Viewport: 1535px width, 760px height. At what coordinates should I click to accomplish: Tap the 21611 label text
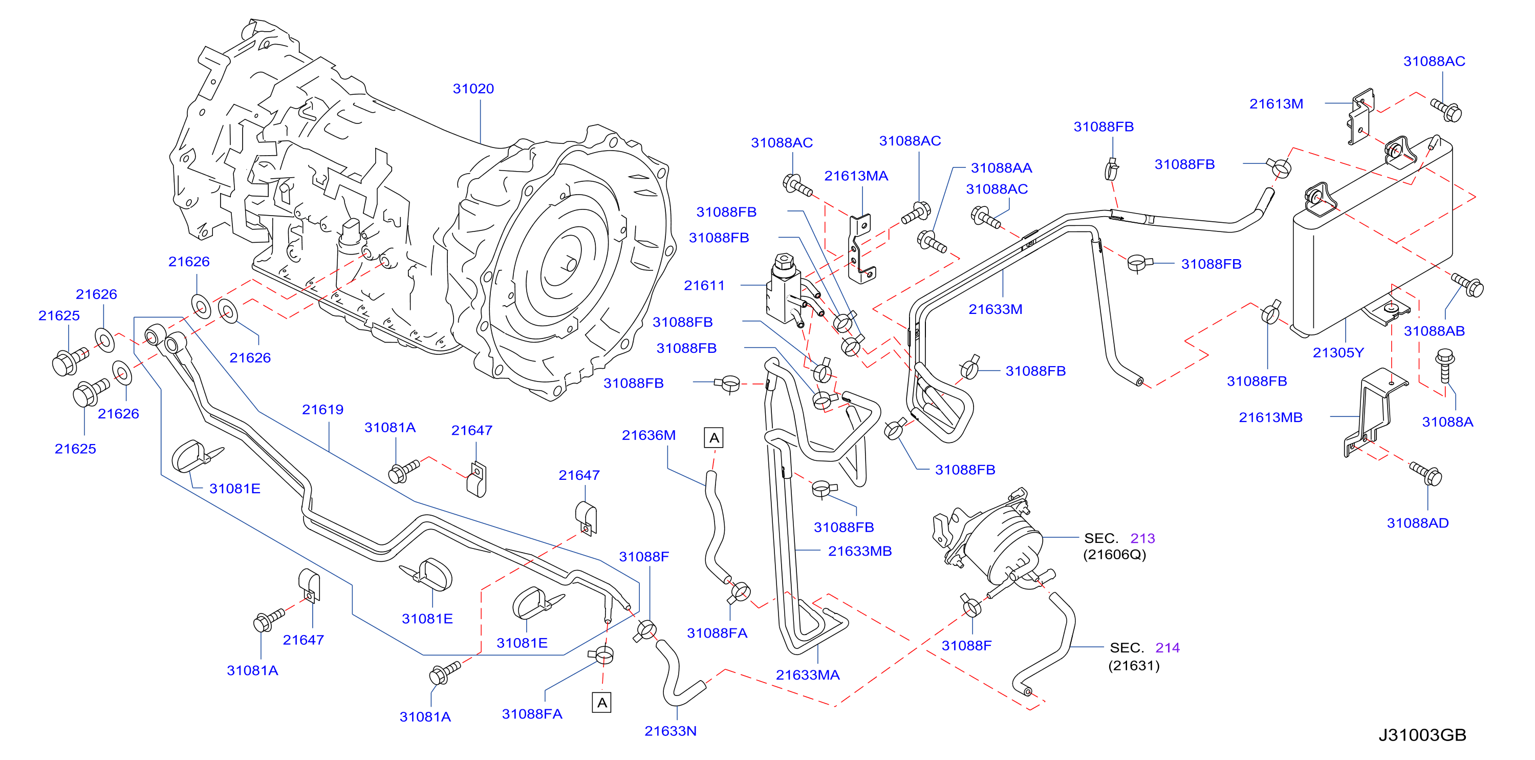704,286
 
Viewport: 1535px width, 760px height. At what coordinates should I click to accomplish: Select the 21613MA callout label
856,176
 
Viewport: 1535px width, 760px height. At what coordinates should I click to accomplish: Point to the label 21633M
995,309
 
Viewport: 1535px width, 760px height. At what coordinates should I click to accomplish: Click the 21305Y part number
1338,353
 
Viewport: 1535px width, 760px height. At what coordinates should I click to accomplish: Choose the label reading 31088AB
1434,331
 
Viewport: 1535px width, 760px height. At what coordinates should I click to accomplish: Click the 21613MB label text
1270,417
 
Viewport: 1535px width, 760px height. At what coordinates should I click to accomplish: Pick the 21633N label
671,731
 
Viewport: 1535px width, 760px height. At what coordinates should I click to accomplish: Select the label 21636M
648,435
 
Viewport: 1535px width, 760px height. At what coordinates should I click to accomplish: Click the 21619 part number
322,410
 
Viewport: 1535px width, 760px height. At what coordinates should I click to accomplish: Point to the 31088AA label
1001,168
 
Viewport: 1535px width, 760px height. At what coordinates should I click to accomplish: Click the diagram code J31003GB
1422,735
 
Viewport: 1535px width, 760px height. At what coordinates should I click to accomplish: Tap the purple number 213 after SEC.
1142,538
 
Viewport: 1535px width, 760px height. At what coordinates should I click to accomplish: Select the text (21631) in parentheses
1133,665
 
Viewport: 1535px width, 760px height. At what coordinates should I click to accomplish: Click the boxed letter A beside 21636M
714,438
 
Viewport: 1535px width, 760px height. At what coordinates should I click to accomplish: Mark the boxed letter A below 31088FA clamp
602,703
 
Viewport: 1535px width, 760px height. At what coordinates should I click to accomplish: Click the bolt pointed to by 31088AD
1425,474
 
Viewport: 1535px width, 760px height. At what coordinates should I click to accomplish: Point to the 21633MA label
808,675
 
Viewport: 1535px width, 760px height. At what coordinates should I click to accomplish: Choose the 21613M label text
1276,104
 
